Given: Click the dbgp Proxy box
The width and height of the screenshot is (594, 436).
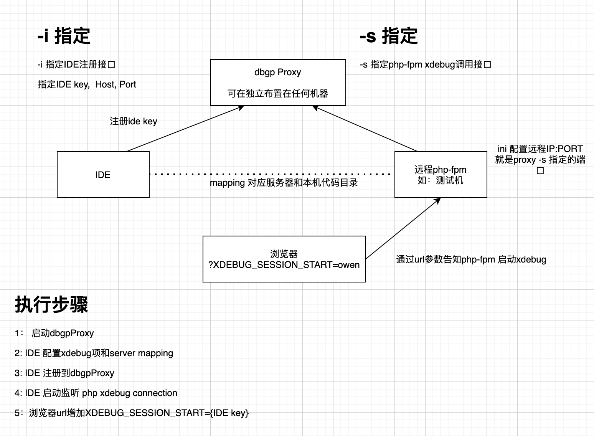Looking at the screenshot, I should [278, 82].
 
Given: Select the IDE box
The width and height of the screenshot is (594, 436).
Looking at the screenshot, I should [103, 175].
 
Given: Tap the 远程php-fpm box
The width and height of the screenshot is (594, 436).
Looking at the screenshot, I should [441, 175].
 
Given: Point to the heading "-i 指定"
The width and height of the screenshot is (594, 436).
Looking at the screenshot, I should [64, 36].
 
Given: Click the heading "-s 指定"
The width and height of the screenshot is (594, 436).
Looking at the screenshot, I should [388, 36].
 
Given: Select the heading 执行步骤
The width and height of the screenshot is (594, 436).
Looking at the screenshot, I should [51, 305].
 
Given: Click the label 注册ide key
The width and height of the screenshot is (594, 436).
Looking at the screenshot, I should [134, 121].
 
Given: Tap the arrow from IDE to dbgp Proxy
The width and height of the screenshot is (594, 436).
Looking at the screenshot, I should [184, 129].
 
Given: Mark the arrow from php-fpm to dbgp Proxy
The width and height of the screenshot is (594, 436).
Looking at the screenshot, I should [365, 129].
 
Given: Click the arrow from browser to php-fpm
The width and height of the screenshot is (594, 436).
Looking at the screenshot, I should [403, 228].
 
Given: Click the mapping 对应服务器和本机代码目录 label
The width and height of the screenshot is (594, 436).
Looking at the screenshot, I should [284, 183].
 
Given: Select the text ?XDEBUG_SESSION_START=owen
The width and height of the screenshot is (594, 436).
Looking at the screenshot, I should [284, 265].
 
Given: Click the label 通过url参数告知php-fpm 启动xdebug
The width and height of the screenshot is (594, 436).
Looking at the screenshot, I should [471, 259].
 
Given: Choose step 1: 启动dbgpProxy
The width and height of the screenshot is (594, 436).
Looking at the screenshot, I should [54, 333].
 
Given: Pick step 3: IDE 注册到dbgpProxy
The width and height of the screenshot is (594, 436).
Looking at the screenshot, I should [64, 373].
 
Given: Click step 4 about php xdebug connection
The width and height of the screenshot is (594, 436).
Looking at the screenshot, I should [96, 393].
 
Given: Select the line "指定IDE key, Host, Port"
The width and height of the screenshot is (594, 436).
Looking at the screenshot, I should [87, 84].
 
